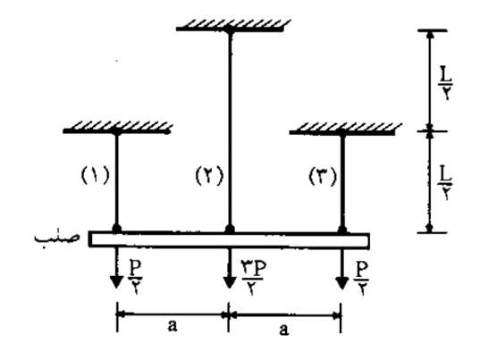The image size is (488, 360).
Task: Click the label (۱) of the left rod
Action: pos(96,176)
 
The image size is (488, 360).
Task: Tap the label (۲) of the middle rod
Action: pos(209,176)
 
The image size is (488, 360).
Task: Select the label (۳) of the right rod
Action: pos(323,176)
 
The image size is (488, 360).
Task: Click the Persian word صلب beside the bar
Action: pos(57,238)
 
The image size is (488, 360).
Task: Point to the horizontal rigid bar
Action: pos(229,239)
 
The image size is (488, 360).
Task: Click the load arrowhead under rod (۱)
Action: pos(116,282)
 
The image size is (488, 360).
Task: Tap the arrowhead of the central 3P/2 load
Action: pos(230,282)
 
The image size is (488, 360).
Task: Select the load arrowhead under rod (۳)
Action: pos(342,282)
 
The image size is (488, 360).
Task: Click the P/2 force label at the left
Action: pos(136,278)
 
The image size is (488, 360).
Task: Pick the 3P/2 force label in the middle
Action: pos(254,278)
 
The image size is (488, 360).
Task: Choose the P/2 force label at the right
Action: pos(362,278)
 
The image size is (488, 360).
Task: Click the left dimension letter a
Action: pos(172,325)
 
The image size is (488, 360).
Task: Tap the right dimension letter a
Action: pos(283,330)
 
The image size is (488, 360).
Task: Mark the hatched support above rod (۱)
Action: pos(117,128)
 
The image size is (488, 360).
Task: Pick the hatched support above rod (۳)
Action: pos(345,129)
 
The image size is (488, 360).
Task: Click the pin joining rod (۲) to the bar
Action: pos(230,229)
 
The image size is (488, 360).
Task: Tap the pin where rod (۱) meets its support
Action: pos(117,132)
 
